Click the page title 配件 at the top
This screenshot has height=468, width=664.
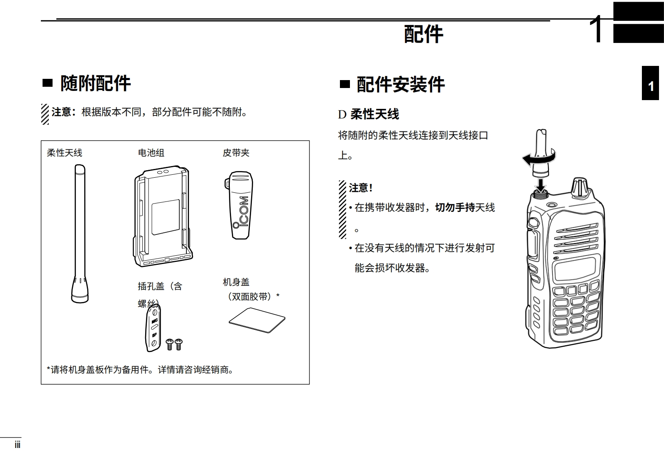[423, 34]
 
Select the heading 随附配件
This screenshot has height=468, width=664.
[96, 83]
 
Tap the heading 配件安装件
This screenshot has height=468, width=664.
[400, 84]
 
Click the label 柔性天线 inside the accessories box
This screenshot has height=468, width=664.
[65, 153]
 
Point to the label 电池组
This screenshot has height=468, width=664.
[151, 153]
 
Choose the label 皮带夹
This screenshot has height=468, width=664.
[236, 153]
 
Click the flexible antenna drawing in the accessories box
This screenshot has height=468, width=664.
[80, 234]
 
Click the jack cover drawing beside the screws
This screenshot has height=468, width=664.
[153, 328]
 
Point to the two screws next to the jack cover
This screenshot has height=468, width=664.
[174, 344]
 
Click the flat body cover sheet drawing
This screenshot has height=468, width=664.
[257, 320]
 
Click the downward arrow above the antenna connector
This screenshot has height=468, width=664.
[541, 182]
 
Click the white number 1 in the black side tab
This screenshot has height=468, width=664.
[650, 86]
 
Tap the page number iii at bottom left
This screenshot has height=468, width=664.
[18, 445]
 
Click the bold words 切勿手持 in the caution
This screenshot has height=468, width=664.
[455, 207]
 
